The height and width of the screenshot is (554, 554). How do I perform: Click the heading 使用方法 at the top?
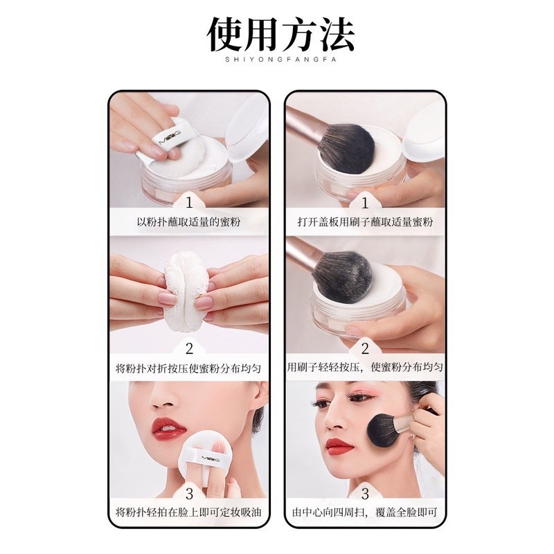pos(280,35)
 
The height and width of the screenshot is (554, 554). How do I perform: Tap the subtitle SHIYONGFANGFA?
pos(281,60)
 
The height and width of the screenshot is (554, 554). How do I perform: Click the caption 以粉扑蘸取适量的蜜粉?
pos(188,222)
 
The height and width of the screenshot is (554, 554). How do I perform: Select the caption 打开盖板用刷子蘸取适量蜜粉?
pos(365,222)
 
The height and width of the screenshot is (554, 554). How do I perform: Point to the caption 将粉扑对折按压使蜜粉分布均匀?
pos(188,368)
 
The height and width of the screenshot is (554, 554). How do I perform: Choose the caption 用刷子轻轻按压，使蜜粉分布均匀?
pos(365,367)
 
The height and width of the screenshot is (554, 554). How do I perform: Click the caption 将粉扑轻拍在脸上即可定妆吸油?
pos(188,512)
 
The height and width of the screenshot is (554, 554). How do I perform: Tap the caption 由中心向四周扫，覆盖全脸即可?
pos(365,512)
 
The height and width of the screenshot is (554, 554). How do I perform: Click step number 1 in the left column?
pos(189,203)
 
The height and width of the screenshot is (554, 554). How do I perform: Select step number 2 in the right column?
pos(365,349)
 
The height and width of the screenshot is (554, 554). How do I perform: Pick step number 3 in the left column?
pos(189,494)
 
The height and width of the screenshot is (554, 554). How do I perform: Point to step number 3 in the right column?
pos(365,494)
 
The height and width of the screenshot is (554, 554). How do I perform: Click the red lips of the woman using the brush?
pos(339,447)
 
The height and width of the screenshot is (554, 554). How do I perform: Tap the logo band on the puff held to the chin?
pos(202,458)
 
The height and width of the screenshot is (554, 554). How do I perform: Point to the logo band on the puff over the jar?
pos(170,136)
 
